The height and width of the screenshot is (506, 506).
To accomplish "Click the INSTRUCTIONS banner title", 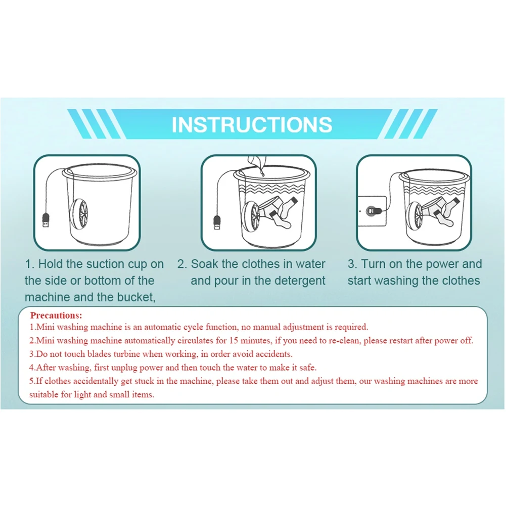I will [252, 124].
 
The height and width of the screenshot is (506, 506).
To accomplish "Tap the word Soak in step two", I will [204, 264].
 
